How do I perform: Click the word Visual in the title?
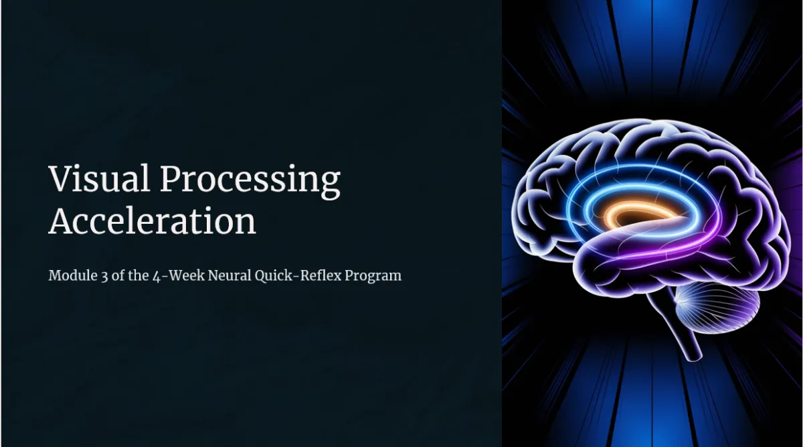99,178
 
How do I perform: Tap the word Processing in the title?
250,182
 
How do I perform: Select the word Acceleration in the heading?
152,220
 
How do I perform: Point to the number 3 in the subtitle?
104,277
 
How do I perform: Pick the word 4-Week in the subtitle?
179,276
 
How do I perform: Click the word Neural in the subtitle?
230,275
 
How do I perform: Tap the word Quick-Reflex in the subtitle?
298,276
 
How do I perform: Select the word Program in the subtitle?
373,277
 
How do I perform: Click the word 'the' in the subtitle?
139,275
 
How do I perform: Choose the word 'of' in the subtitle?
118,275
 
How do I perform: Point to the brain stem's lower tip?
695,358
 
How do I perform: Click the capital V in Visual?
60,178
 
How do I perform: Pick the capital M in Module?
56,275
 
